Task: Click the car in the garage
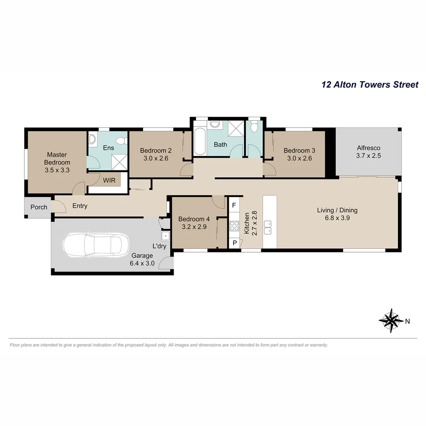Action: coord(96,246)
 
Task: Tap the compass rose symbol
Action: coord(391,321)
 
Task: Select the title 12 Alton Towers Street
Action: coord(370,84)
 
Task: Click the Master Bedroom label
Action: coord(57,159)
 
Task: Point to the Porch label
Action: coord(39,207)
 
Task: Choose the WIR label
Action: coord(109,181)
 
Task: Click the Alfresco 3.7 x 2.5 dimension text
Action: coord(368,155)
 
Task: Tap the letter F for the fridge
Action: coord(234,205)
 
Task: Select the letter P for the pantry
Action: coord(234,243)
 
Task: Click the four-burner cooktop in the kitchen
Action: coord(234,226)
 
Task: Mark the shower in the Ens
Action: coord(120,161)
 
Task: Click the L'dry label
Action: coord(159,246)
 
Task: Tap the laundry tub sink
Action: coord(165,236)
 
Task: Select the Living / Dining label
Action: coord(337,210)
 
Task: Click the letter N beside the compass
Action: coord(408,321)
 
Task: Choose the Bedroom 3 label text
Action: coord(299,150)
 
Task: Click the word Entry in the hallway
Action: coord(80,206)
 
